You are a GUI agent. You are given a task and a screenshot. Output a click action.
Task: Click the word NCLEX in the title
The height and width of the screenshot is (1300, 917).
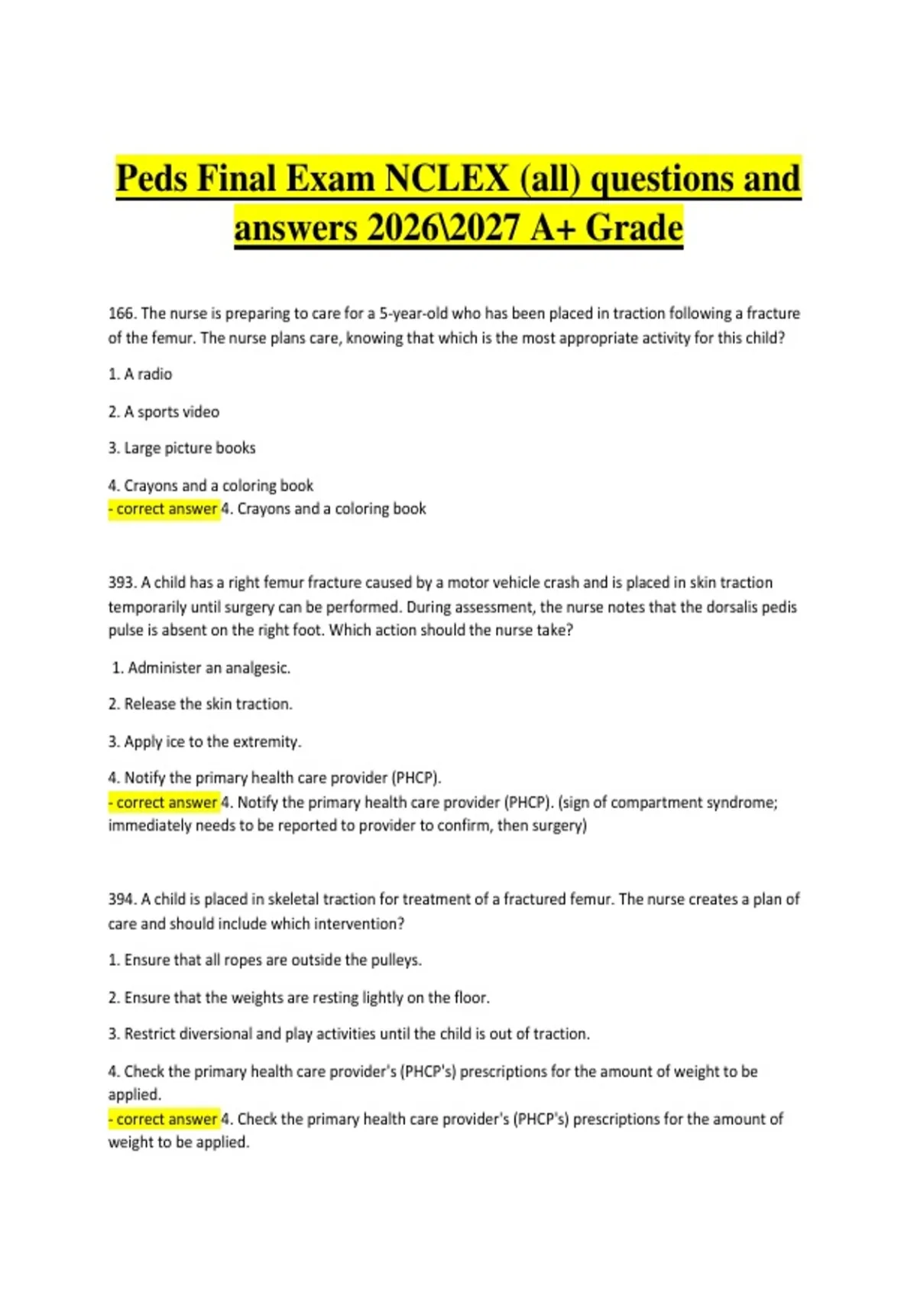coord(447,179)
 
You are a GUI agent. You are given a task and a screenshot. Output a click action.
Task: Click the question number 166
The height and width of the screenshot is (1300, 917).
coord(122,314)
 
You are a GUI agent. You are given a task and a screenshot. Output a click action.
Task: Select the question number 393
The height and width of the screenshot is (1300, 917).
coord(122,583)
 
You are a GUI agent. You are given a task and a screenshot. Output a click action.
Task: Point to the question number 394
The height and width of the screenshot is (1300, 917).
coord(122,899)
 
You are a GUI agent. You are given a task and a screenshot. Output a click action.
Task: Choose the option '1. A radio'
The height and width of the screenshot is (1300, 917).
coord(141,375)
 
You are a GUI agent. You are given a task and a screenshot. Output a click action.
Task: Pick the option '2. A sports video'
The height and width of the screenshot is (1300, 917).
coord(164,412)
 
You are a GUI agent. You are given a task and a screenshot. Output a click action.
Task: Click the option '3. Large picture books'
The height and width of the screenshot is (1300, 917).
coord(183,448)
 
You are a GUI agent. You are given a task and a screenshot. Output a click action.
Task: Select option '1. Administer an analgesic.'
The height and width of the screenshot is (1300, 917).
coord(201,668)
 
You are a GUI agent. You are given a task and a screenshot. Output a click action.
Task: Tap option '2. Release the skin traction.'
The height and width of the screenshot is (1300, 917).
coord(201,704)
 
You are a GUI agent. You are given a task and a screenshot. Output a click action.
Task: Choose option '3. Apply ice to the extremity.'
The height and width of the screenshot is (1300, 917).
coord(206,742)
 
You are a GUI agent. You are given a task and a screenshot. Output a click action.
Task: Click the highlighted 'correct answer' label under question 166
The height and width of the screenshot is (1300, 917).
coord(165,509)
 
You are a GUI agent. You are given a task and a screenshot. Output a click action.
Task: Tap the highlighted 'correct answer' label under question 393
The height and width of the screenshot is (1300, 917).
coord(165,803)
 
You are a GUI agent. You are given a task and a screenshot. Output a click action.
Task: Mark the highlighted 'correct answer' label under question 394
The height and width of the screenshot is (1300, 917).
coord(165,1120)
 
